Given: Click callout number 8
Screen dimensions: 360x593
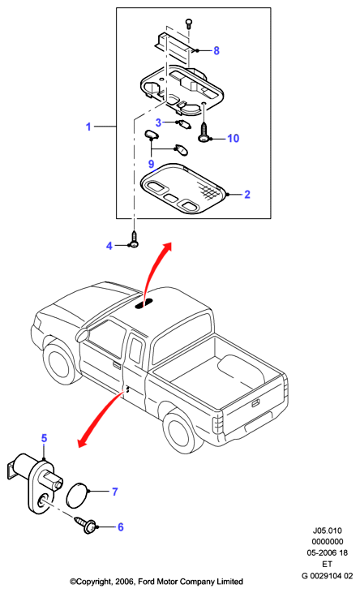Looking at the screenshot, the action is pos(216,50).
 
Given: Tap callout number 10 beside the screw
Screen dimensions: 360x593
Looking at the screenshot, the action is pos(234,139).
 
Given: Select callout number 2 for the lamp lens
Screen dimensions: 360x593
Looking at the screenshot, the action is pos(247,195).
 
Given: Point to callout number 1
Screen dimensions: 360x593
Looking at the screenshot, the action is pos(88,127).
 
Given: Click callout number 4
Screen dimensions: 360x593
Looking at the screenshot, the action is pos(109,246).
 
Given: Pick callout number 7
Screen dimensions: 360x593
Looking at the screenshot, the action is pos(115,492).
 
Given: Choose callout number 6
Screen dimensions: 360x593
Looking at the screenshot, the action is pos(121,526).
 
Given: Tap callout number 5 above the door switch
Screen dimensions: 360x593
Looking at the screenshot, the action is pos(45,438).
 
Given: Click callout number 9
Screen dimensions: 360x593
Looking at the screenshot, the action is pos(152,164).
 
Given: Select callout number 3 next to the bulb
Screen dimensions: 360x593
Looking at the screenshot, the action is pos(158,122).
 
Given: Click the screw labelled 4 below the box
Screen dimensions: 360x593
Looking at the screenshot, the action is pos(134,240).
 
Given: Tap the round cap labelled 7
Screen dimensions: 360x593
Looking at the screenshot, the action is pos(77,495).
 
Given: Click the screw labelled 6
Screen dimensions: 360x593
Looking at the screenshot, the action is pos(85,525).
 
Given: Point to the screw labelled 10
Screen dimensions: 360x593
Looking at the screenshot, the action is pos(204,132).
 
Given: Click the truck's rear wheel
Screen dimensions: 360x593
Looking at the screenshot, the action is pos(180,432).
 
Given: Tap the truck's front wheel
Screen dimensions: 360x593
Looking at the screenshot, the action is pos(58,365).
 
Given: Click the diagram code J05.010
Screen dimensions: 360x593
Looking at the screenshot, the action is pos(327,531).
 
